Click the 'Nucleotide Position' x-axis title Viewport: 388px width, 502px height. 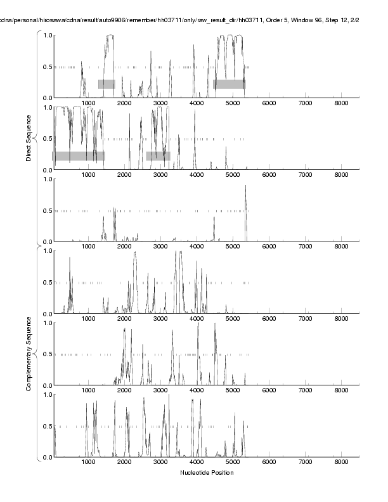pos(207,473)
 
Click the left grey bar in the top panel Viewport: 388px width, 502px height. pos(106,84)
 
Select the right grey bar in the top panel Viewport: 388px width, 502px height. pos(230,84)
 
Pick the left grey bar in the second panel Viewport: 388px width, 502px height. pos(79,156)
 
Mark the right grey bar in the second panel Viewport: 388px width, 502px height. pos(158,156)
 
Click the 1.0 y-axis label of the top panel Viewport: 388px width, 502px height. pos(46,35)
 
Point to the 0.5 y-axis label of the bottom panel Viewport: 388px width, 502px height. pos(46,426)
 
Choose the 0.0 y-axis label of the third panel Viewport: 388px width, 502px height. pos(46,242)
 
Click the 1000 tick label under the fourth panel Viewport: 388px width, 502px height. pos(88,319)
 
